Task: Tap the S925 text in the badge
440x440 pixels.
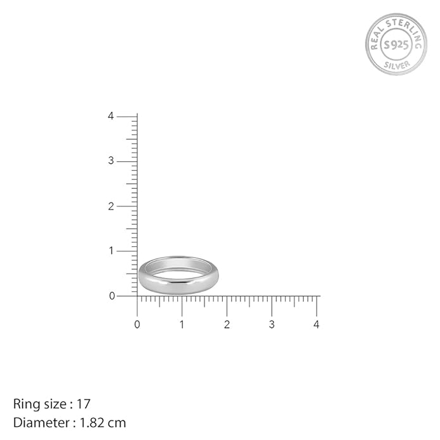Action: (396, 44)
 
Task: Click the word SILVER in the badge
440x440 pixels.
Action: (397, 65)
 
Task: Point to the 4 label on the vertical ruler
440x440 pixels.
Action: (111, 116)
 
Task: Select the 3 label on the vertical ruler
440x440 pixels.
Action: (111, 161)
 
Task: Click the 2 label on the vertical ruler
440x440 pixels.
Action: (111, 206)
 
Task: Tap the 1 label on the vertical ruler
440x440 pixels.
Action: (111, 251)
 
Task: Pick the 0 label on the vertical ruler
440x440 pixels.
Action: (111, 296)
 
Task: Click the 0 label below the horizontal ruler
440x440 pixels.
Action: (137, 324)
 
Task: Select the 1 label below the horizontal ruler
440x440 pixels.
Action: (182, 324)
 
